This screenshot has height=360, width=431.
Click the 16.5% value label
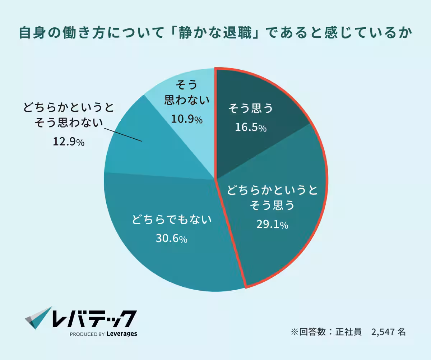251,127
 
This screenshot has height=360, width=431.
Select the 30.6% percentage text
171,238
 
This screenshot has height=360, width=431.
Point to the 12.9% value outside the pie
68,142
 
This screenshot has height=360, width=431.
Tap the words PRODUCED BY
87,334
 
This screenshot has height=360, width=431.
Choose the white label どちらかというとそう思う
272,198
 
